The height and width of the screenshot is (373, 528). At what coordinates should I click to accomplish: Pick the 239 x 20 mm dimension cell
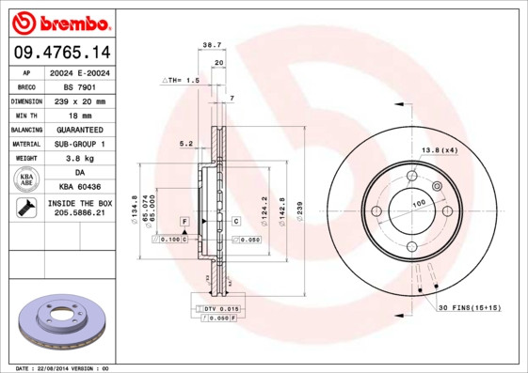[x=78, y=100]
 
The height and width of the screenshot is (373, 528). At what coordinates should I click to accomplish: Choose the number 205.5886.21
[x=79, y=214]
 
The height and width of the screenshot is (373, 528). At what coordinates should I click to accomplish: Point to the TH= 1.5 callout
[x=183, y=82]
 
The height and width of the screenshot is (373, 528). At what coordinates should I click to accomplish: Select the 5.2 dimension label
[x=186, y=144]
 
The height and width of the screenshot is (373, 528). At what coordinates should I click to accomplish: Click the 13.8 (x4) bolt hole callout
[x=439, y=150]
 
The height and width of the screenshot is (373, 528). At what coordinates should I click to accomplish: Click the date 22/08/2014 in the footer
[x=62, y=367]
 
